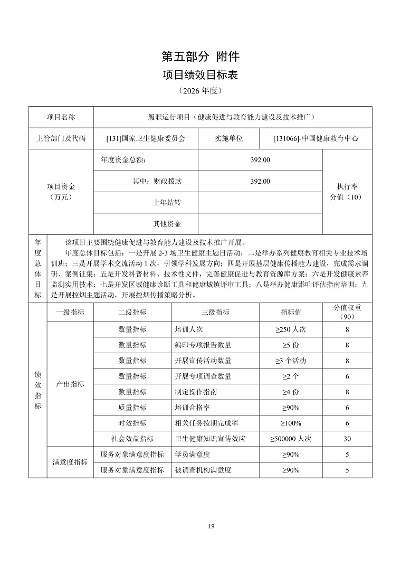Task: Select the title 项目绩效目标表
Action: (200, 75)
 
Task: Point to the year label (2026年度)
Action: (200, 91)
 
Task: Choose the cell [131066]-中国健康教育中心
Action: (316, 139)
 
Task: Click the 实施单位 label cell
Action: (228, 139)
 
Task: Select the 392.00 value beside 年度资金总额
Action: (260, 160)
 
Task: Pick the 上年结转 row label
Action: (167, 203)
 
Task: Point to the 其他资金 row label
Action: (167, 224)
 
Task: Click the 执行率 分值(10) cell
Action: (347, 192)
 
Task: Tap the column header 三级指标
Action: (215, 312)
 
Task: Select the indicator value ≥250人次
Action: (290, 329)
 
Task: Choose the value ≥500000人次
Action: (290, 439)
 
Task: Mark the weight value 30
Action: (347, 439)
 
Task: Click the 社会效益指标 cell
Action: (132, 439)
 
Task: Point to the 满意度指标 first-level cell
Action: (70, 462)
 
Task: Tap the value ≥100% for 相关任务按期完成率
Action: (290, 423)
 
